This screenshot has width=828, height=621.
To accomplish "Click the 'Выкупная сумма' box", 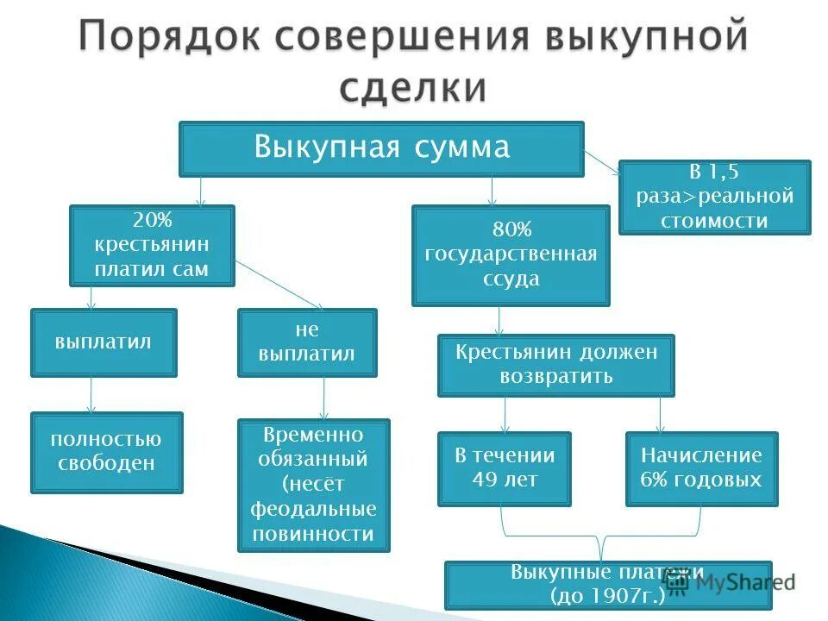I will click(381, 148).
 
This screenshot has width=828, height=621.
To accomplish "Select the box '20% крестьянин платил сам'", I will click(152, 245).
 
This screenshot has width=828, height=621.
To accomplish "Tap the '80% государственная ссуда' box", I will click(511, 255).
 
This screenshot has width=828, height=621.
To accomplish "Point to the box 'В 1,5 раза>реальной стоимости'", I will click(714, 197).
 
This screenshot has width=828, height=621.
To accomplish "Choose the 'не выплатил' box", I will click(307, 342).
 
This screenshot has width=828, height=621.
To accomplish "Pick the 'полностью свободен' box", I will click(107, 452).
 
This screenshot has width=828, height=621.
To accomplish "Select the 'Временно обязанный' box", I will click(313, 485).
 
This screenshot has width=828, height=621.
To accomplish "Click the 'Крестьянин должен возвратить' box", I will click(555, 365).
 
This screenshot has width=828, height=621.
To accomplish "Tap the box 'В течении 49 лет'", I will click(504, 467).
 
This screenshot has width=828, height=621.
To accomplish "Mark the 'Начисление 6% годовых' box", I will click(701, 467).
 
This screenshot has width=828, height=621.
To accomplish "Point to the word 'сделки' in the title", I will click(412, 88).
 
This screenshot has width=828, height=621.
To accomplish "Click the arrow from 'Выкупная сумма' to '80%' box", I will click(492, 191).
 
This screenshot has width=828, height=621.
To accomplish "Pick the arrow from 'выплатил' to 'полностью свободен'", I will click(91, 394).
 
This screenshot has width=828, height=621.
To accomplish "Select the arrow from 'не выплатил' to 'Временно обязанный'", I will click(324, 398).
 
